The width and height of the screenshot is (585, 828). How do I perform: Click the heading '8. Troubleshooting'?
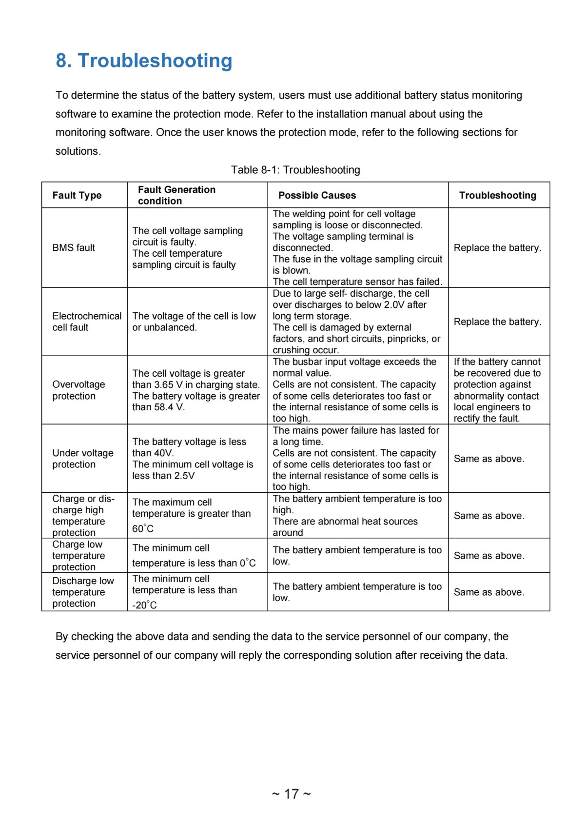point(144,61)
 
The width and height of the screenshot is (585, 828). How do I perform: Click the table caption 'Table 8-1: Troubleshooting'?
point(295,170)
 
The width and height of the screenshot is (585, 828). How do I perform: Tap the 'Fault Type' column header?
point(77,195)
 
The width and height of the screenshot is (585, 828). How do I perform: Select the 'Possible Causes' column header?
point(317,195)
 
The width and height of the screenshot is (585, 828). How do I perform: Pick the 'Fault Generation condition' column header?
point(176,195)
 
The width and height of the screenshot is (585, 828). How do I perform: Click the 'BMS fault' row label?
point(74,248)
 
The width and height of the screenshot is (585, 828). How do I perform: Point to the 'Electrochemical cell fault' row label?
point(87,322)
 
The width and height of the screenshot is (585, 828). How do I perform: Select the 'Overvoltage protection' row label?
point(78,390)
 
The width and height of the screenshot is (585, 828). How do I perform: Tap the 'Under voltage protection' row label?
point(83,459)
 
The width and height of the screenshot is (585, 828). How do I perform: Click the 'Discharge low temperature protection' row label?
point(83,592)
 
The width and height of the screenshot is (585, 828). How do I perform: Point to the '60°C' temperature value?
point(143,529)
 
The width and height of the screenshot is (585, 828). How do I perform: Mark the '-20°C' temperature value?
point(145,606)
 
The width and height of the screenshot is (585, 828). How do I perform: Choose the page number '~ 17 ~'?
point(291,794)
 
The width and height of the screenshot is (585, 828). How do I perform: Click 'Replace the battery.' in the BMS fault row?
point(497,248)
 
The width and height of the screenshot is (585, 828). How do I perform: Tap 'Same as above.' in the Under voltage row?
point(489,459)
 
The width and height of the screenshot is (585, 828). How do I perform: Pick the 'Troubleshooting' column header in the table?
point(497,195)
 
